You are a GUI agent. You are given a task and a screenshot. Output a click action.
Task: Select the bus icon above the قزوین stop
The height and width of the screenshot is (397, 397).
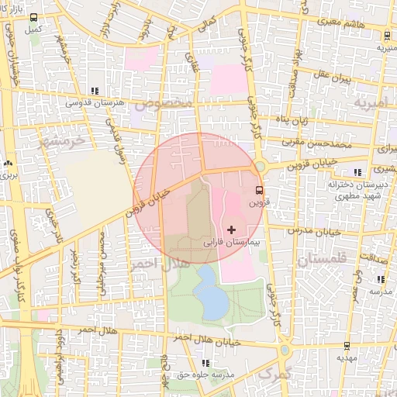pyautogui.click(x=259, y=189)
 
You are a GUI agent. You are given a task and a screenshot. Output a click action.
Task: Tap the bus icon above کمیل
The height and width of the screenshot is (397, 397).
pyautogui.click(x=33, y=16)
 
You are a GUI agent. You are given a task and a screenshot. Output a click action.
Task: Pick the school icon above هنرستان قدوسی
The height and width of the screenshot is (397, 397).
pyautogui.click(x=95, y=90)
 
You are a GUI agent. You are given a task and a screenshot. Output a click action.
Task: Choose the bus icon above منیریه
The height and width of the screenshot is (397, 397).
pyautogui.click(x=385, y=35)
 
